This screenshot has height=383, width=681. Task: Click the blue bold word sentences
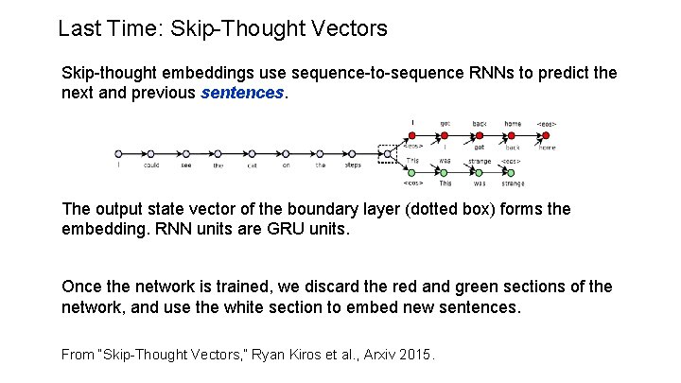[x=242, y=93]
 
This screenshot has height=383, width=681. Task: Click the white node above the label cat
[x=253, y=152]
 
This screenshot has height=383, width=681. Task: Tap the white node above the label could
[x=151, y=152]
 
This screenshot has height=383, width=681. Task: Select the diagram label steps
[x=352, y=165]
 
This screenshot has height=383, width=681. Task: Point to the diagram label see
[x=185, y=165]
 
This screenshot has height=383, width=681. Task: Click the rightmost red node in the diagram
[x=547, y=135]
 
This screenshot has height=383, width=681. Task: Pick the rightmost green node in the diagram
[x=514, y=172]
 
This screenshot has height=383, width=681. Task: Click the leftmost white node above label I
[x=118, y=152]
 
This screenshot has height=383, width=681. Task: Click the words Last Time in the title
[x=111, y=28]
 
